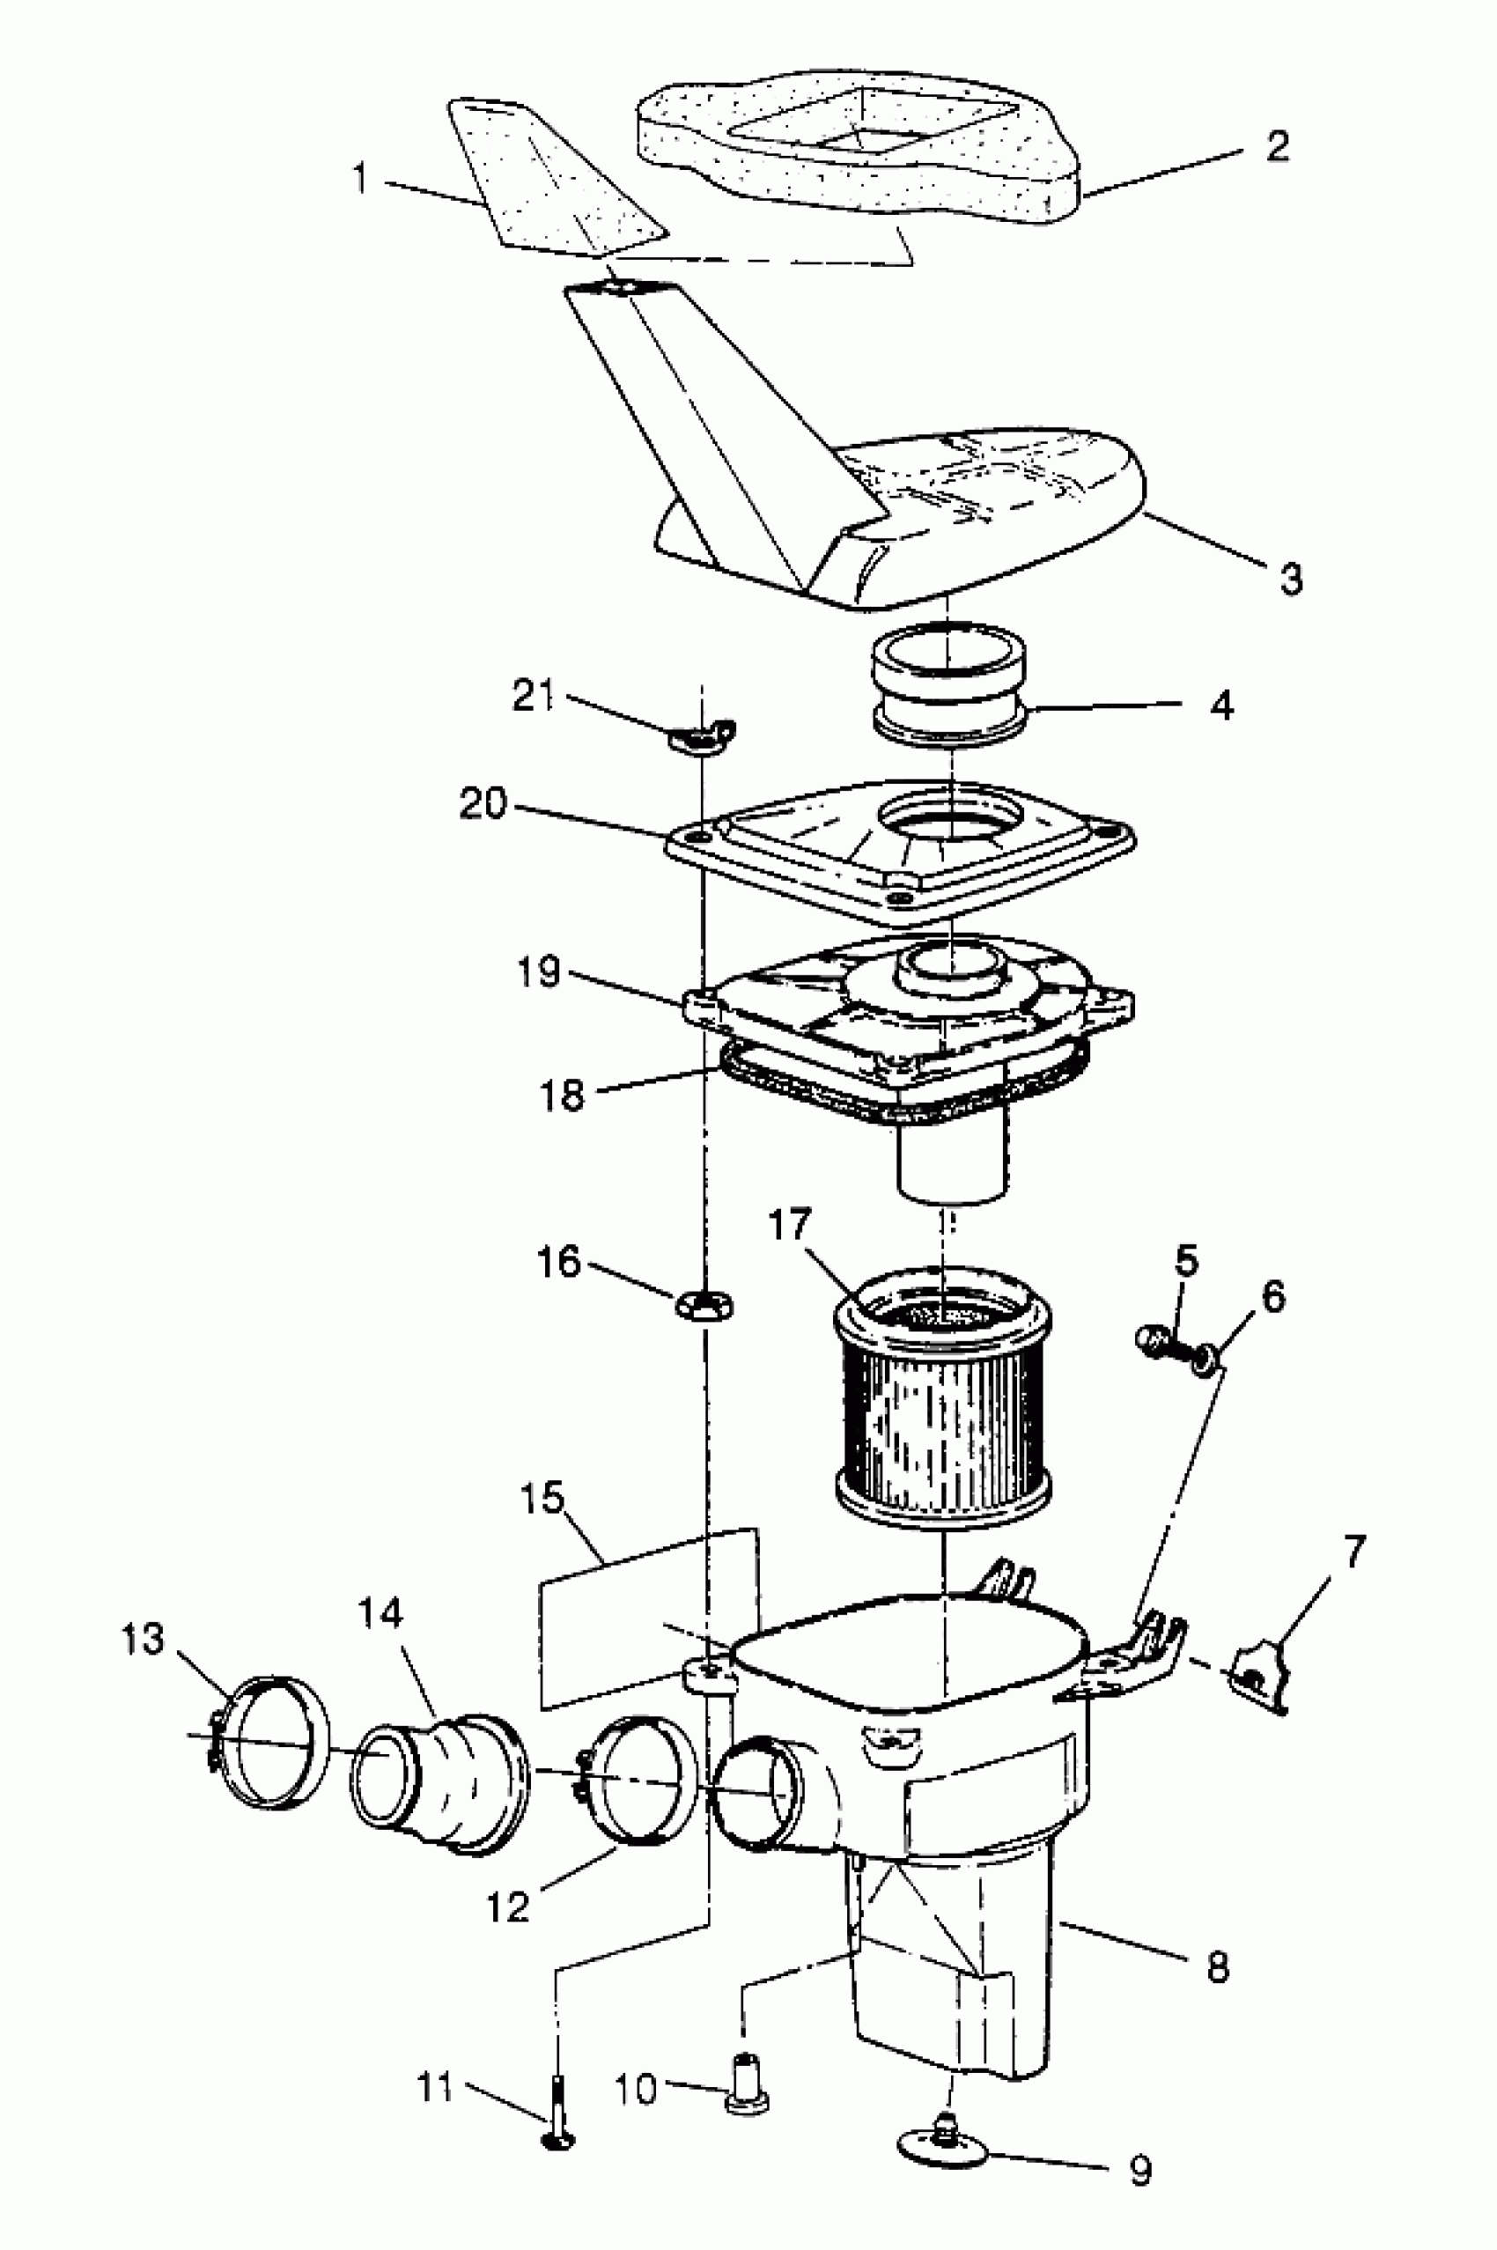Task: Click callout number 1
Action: pos(360,178)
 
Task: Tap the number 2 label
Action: pos(1277,145)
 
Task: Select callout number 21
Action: pos(533,695)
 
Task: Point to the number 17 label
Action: pos(789,1224)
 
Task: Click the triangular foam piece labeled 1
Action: pos(554,181)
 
